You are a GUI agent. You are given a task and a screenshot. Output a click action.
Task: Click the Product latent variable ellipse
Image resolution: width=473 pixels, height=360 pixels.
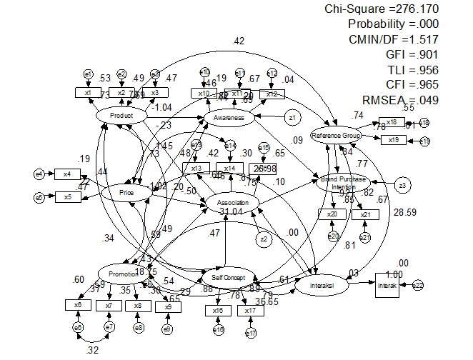(x=121, y=116)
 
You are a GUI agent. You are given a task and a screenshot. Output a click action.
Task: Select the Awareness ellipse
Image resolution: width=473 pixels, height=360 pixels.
(x=229, y=117)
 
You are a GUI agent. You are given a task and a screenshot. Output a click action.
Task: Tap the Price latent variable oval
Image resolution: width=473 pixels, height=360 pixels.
(x=127, y=193)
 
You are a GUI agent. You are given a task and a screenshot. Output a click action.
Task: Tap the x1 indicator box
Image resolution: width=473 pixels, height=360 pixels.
(x=89, y=93)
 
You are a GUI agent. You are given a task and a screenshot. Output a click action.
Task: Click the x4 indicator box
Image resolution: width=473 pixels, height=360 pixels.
(x=67, y=174)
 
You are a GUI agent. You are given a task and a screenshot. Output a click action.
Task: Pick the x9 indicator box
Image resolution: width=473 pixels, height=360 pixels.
(x=168, y=306)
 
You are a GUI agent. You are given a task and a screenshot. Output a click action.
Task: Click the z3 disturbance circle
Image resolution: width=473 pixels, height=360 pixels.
(x=403, y=186)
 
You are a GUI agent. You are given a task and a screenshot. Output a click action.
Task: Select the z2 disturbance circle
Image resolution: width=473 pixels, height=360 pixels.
(x=264, y=239)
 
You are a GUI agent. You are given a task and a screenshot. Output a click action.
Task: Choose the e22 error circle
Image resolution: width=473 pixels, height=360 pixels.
(x=419, y=285)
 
